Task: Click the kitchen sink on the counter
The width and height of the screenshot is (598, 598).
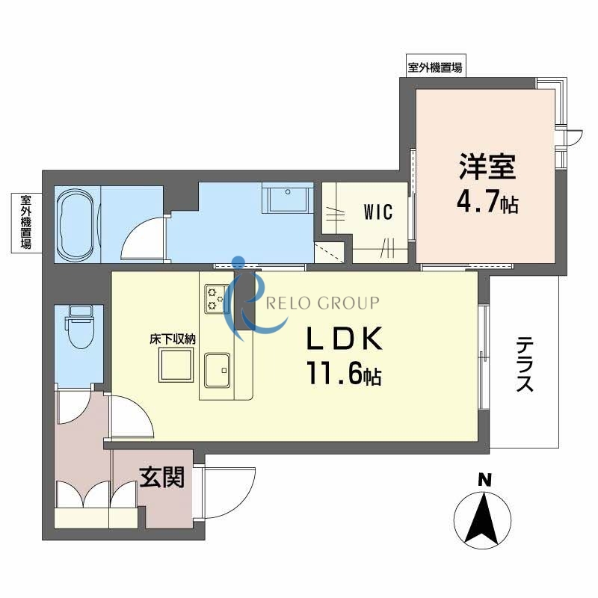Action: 218,368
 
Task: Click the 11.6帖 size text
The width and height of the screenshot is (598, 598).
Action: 343,374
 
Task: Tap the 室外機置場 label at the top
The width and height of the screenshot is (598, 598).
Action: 434,67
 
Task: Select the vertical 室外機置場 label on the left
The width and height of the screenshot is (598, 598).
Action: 25,222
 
